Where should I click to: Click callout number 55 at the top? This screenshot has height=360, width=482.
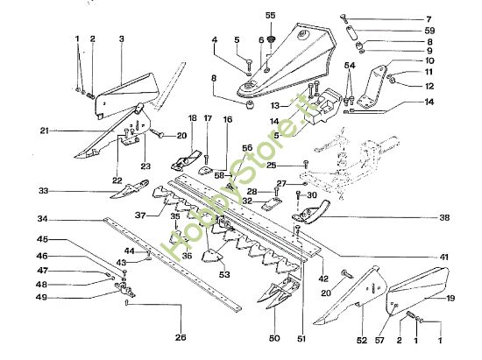tap(270, 15)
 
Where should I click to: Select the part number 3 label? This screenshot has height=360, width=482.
tap(121, 39)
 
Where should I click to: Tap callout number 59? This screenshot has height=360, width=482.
tap(454, 31)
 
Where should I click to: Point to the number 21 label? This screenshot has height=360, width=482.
tap(44, 131)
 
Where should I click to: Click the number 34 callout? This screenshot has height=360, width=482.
tap(42, 219)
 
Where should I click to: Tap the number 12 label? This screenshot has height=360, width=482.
tap(454, 86)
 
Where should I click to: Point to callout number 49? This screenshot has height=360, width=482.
tap(42, 298)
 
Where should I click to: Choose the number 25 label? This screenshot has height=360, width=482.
tap(273, 165)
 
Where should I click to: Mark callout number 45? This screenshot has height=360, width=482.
tap(42, 239)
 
